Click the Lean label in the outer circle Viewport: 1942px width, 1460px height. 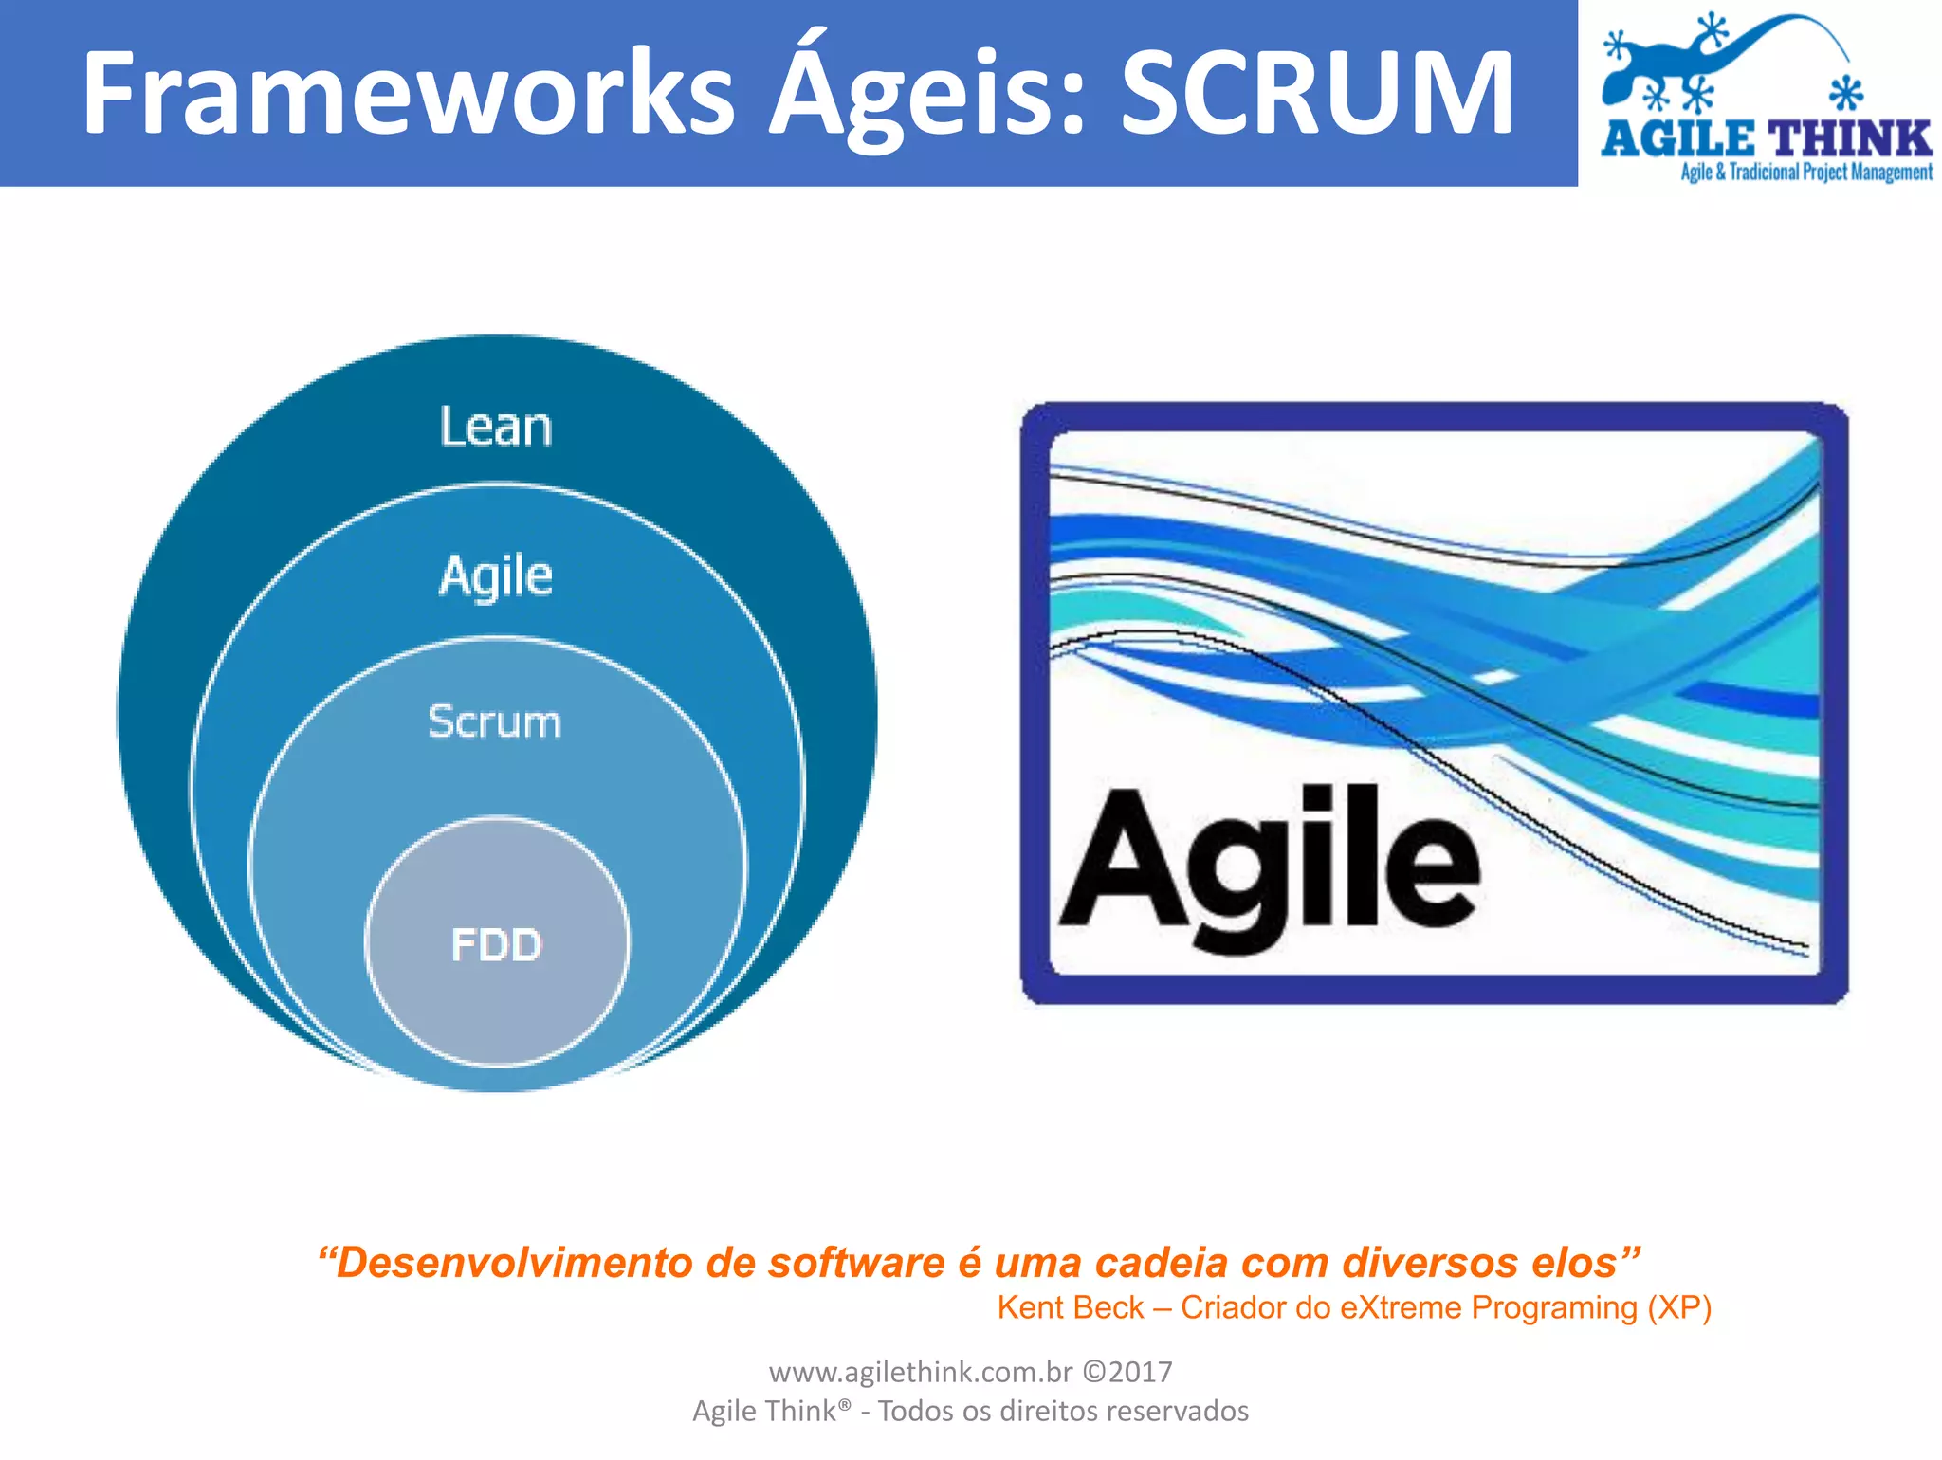click(495, 428)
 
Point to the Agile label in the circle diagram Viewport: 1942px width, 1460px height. click(495, 576)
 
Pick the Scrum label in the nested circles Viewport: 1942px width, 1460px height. click(494, 722)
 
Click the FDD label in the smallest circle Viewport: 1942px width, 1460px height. click(496, 945)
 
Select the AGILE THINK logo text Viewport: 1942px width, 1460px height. click(1766, 139)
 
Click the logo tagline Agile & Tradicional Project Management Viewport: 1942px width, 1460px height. click(1805, 173)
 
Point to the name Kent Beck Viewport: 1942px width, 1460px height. click(1070, 1308)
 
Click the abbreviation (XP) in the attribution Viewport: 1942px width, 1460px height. click(1679, 1308)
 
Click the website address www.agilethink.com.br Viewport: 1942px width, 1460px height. click(920, 1373)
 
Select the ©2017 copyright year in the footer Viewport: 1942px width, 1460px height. click(1127, 1373)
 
